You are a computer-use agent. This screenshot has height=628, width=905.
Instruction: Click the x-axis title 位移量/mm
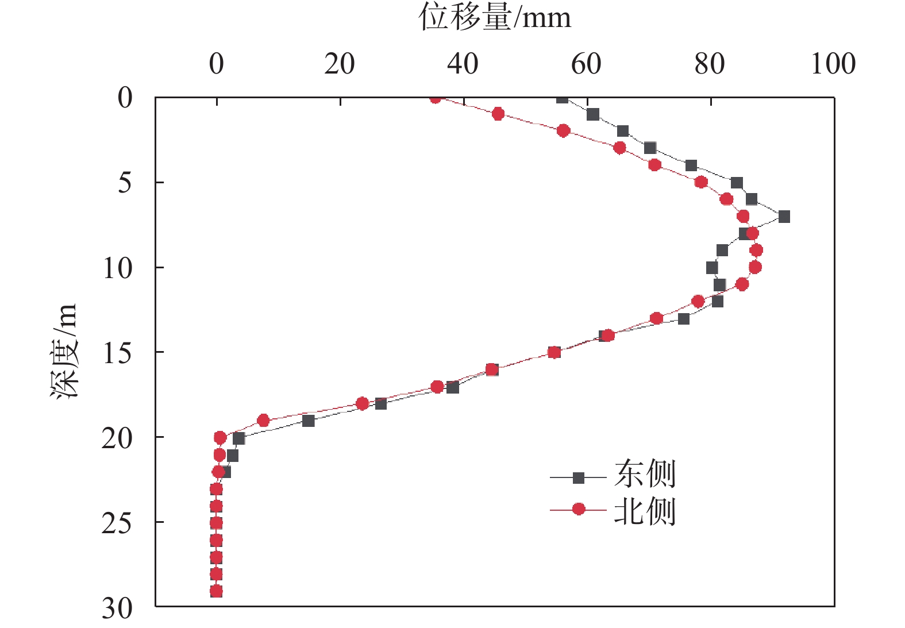[x=495, y=17]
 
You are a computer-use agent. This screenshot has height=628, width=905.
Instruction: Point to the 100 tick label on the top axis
[x=833, y=63]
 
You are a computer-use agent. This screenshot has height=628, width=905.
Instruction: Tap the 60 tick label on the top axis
[x=586, y=63]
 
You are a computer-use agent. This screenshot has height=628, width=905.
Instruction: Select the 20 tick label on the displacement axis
[x=339, y=63]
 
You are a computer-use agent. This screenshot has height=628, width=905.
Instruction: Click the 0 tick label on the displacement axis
[x=217, y=63]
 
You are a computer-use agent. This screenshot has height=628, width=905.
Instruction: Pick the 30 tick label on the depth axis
[x=117, y=608]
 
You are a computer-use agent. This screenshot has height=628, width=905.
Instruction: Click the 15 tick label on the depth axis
[x=117, y=353]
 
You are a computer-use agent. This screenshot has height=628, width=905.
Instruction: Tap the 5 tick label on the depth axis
[x=125, y=183]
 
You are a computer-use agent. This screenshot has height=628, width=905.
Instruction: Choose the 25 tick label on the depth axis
[x=117, y=523]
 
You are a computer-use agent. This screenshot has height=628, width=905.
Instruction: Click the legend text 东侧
[x=644, y=475]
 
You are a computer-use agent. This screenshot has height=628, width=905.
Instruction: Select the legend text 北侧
[x=644, y=511]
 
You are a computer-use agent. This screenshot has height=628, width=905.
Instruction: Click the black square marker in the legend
[x=579, y=477]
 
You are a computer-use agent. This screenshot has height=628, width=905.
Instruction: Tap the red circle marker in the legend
[x=579, y=509]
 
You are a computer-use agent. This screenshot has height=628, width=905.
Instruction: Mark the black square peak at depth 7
[x=784, y=217]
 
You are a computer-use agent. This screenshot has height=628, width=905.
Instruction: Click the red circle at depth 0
[x=436, y=98]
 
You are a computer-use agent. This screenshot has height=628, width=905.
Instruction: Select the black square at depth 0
[x=563, y=98]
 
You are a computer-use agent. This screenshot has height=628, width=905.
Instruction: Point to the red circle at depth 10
[x=755, y=267]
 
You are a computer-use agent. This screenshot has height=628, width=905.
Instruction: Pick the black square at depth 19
[x=309, y=421]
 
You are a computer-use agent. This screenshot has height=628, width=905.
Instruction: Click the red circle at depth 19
[x=263, y=421]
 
